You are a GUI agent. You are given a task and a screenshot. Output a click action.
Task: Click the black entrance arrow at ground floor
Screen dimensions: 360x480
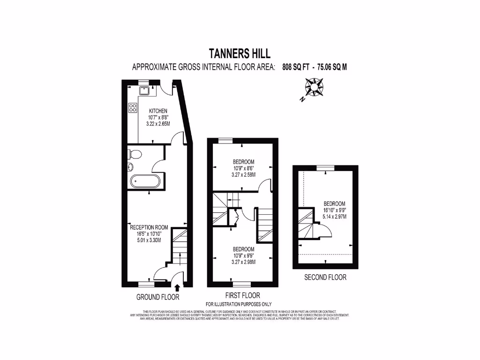coord(178,287)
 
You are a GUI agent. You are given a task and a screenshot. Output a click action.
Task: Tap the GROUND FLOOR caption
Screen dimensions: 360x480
coord(157,297)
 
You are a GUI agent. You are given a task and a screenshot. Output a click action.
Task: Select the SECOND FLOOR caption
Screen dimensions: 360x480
coord(325,277)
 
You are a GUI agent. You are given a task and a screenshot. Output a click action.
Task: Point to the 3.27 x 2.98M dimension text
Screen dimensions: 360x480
coord(243,262)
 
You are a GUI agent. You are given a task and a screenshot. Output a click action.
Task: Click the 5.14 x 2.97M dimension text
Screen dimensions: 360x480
coord(335,217)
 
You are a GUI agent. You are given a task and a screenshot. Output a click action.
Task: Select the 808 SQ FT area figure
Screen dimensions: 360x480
coord(296,67)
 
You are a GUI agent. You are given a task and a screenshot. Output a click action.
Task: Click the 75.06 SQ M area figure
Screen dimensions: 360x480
coord(332,67)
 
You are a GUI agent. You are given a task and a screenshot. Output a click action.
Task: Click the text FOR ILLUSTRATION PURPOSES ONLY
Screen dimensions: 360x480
coord(241,304)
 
